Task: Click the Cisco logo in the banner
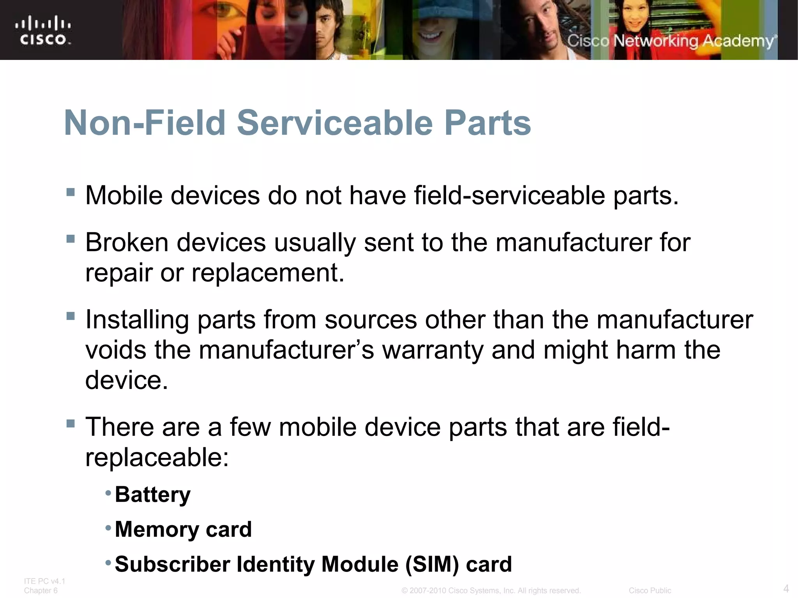pyautogui.click(x=43, y=30)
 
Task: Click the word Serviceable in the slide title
pyautogui.click(x=335, y=123)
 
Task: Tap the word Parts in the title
pyautogui.click(x=487, y=123)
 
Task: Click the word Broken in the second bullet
pyautogui.click(x=127, y=243)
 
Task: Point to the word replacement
pyautogui.click(x=268, y=273)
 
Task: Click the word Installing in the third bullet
pyautogui.click(x=137, y=320)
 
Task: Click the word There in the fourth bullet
pyautogui.click(x=120, y=427)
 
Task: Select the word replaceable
pyautogui.click(x=157, y=457)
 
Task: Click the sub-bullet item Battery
pyautogui.click(x=153, y=495)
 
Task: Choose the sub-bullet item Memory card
pyautogui.click(x=183, y=529)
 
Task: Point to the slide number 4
pyautogui.click(x=786, y=588)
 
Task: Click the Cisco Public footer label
pyautogui.click(x=650, y=591)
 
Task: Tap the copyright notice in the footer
pyautogui.click(x=491, y=591)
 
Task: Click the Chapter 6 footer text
pyautogui.click(x=41, y=591)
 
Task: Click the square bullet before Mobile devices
pyautogui.click(x=71, y=192)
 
